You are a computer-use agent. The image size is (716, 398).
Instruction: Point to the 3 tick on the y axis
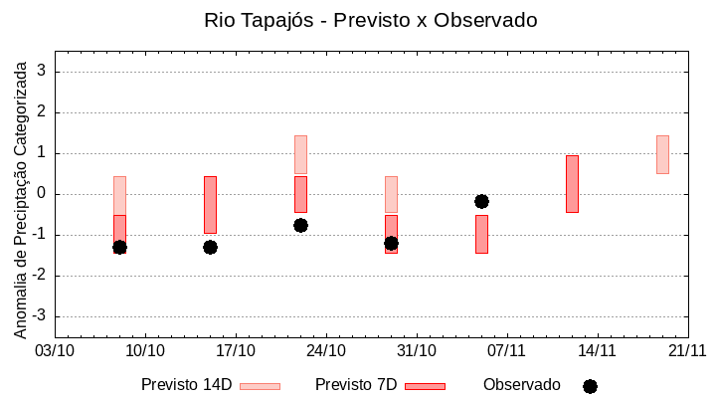click(43, 72)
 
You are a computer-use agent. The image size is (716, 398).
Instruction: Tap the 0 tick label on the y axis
click(43, 194)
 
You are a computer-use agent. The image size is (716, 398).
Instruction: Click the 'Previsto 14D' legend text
click(186, 385)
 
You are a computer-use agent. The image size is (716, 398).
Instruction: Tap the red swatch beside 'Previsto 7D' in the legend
click(425, 386)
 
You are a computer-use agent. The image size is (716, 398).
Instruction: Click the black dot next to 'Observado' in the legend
click(590, 386)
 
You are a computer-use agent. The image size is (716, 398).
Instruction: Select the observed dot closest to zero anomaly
click(481, 201)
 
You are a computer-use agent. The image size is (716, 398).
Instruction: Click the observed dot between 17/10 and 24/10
click(300, 225)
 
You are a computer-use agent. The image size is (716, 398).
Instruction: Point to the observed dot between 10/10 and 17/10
click(210, 247)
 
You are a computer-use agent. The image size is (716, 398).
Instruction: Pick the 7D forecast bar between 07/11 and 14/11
click(572, 184)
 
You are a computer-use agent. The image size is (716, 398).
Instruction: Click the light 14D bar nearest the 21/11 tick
click(662, 154)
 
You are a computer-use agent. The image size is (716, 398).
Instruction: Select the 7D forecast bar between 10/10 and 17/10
click(210, 204)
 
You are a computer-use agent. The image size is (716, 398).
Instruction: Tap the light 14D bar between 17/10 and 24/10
click(300, 154)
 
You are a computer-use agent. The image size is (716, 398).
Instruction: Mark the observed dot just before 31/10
click(391, 243)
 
